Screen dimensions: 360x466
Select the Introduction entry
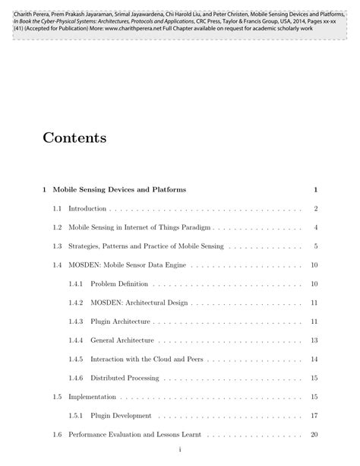tap(88, 208)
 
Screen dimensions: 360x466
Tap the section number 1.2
tap(57, 227)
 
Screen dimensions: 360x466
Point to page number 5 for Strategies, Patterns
tap(314, 246)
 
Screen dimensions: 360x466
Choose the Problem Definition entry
tap(119, 284)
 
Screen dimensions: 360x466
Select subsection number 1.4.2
tap(74, 303)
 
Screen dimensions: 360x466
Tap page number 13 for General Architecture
tap(313, 341)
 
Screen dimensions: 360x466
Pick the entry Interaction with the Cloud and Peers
tap(147, 359)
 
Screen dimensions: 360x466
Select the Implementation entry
tap(92, 397)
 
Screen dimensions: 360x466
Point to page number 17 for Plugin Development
tap(313, 416)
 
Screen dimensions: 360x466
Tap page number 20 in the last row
tap(313, 435)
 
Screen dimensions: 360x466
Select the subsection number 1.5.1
tap(74, 416)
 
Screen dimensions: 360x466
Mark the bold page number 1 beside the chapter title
tap(314, 189)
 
